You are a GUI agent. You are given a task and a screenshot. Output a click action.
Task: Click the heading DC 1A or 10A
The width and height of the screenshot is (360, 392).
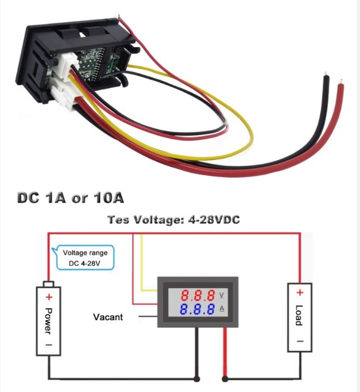point(71,198)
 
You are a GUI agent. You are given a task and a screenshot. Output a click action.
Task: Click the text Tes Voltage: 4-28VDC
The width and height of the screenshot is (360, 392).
point(174,220)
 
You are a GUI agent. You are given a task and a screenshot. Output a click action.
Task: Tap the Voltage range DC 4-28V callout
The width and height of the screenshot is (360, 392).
point(85,258)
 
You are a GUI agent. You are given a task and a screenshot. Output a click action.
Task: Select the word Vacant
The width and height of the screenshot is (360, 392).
point(108,317)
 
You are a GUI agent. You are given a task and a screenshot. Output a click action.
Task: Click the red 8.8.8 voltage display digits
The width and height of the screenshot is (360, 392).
point(198,295)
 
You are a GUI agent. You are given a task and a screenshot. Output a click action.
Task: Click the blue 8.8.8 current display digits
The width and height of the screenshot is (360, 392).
point(197,309)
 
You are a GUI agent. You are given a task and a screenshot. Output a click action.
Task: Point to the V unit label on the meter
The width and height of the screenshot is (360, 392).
point(221,295)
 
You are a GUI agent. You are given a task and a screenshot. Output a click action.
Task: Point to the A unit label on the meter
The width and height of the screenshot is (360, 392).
point(221,309)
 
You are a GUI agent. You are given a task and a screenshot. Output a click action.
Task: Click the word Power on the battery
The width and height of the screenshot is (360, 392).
point(48,321)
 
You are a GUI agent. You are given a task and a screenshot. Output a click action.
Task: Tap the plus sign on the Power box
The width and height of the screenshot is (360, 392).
point(49,297)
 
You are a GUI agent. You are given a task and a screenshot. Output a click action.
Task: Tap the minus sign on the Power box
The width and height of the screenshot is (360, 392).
point(49,345)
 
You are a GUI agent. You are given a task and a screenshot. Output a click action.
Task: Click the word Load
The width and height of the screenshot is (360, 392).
point(299,316)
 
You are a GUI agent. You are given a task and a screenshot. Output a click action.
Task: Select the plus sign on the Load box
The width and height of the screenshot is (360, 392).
point(300,293)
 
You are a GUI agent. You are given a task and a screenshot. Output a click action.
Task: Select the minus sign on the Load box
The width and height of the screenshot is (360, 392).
point(301,341)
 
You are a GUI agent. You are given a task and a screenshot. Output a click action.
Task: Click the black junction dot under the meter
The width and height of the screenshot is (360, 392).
point(197,379)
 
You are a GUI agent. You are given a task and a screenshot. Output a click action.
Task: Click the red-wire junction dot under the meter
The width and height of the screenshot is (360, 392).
point(225,379)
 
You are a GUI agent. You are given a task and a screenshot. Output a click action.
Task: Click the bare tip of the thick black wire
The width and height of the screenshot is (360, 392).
point(326,74)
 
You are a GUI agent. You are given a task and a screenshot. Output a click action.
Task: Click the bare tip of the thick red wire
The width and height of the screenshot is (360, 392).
point(340,82)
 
